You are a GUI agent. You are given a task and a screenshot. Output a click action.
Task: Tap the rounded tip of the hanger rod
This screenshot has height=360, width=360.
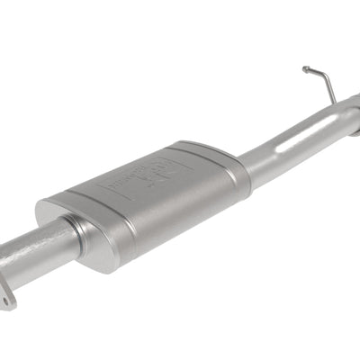tap(306, 68)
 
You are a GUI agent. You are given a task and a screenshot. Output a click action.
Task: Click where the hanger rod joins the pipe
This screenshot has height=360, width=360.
tap(335, 103)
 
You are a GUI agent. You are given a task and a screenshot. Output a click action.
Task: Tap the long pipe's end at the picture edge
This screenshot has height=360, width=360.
tap(354, 116)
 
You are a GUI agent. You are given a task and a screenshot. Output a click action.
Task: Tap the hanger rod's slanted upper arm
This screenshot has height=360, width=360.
tap(315, 71)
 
